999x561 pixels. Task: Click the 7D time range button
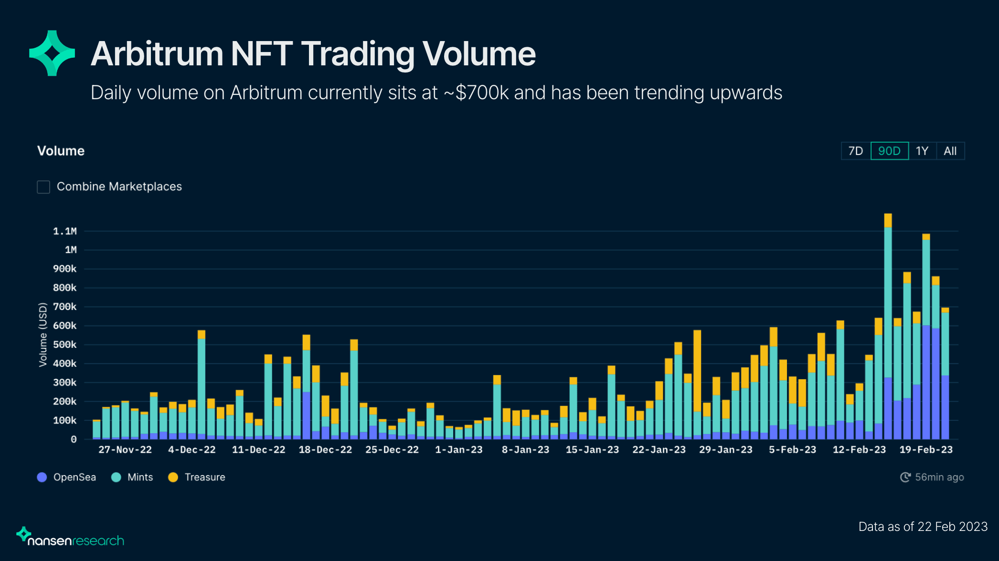856,151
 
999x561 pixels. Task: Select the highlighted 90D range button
889,151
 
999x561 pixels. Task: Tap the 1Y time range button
922,151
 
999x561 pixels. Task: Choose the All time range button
950,151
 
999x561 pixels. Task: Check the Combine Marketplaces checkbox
43,187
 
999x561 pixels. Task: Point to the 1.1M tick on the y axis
64,231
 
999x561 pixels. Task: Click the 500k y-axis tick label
64,345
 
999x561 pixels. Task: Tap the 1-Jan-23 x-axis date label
458,450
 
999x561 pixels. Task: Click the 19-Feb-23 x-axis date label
925,450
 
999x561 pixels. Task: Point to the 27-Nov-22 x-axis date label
125,450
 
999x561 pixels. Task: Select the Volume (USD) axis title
43,334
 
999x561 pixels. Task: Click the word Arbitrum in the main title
157,54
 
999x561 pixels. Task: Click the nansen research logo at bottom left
71,538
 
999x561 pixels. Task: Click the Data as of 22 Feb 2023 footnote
923,527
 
